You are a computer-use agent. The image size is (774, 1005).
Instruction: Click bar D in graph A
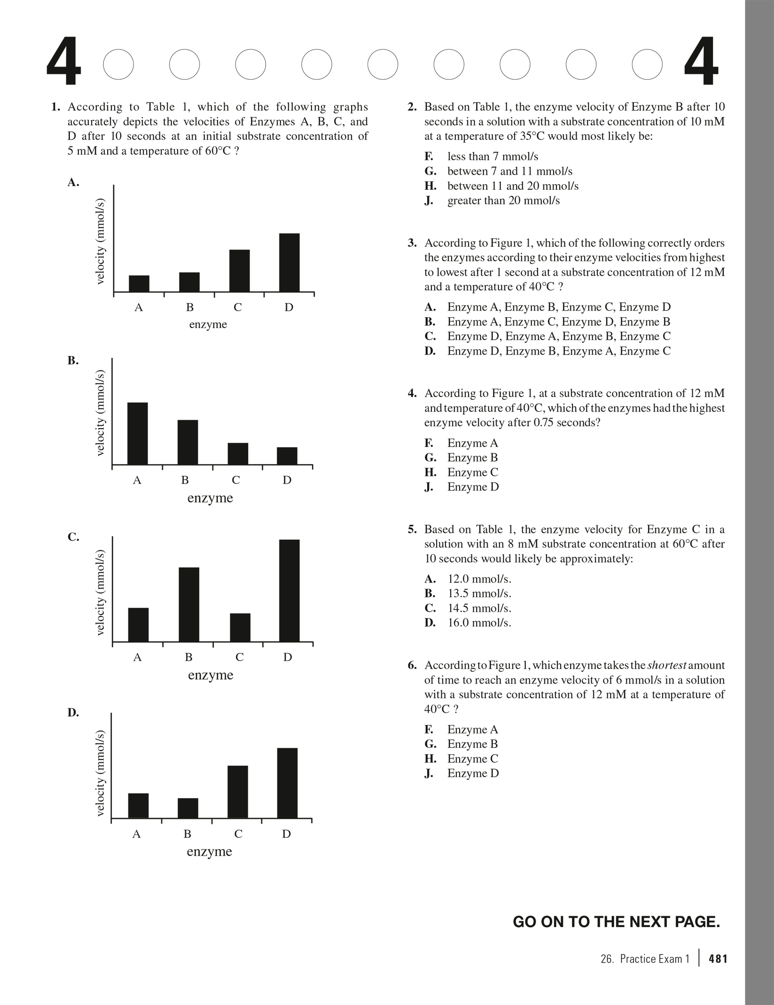point(289,262)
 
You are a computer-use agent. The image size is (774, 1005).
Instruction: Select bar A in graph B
point(137,433)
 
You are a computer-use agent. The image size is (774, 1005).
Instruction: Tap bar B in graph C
point(189,604)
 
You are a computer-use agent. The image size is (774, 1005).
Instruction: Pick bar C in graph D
point(238,792)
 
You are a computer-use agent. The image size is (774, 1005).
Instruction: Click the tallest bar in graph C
point(289,591)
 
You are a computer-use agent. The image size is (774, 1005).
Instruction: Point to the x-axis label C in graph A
point(238,307)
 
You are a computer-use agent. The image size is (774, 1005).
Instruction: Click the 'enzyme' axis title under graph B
point(210,498)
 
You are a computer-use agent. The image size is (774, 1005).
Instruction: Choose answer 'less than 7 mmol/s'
point(492,156)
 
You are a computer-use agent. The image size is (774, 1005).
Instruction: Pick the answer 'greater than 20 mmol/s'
point(503,201)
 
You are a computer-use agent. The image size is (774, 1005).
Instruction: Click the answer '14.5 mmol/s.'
point(479,608)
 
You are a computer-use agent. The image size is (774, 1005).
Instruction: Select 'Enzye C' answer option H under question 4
point(472,472)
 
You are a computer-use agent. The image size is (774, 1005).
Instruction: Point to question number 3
point(412,243)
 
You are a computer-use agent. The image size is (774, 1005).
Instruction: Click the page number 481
point(718,959)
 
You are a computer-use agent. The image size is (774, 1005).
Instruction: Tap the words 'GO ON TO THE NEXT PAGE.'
point(616,921)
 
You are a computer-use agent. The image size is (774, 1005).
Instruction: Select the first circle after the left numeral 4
point(118,64)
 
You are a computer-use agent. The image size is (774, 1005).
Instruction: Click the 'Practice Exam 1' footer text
point(655,959)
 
